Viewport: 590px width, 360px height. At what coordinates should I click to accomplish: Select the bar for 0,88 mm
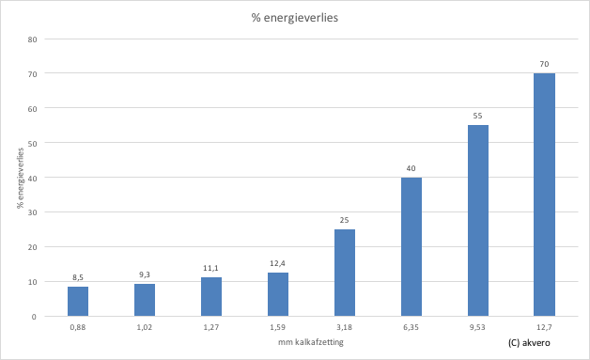coord(79,302)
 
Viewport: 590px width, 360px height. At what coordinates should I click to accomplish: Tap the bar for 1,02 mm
coord(145,300)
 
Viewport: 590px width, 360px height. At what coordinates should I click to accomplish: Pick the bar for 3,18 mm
coord(345,273)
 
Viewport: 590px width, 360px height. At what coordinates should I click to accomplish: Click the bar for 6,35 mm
coord(411,247)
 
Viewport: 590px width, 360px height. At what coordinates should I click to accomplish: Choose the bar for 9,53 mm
coord(478,221)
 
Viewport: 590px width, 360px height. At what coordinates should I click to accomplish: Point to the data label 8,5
coord(79,277)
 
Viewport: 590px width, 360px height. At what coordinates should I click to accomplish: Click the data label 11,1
coord(211,268)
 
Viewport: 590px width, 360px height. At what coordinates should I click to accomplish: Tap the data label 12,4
coord(278,264)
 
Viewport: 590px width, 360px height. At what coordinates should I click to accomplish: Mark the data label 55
coord(478,116)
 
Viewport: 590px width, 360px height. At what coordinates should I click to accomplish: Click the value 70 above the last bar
coord(544,64)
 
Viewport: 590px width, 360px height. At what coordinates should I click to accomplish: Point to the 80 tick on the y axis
coord(32,39)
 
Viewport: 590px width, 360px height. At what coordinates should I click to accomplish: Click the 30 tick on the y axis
coord(32,212)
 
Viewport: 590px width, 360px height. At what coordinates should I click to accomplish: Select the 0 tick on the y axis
coord(35,317)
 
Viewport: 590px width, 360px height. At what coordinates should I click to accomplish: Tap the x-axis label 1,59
coord(278,328)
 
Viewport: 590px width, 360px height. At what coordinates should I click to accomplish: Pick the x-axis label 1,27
coord(211,328)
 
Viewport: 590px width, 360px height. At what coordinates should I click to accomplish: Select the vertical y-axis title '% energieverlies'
coord(20,178)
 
